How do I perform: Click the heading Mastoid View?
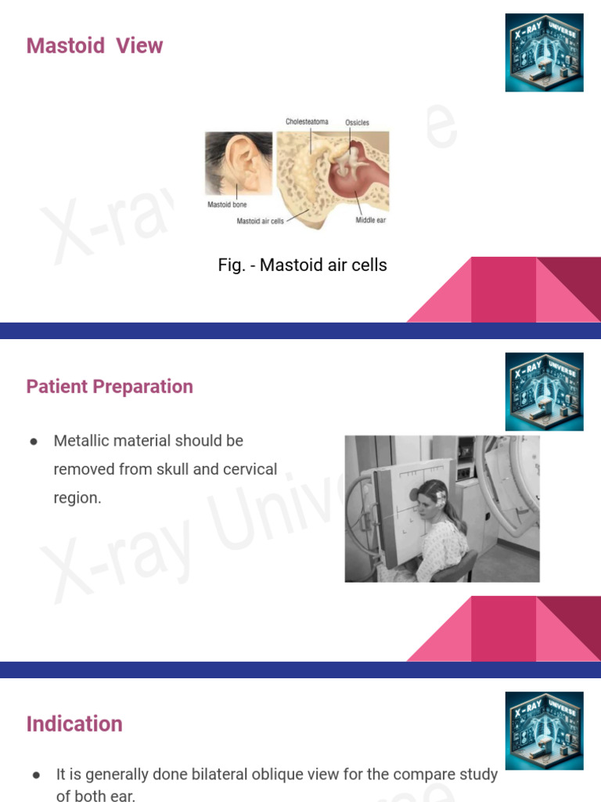[x=95, y=45]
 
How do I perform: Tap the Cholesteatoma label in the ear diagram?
[x=307, y=122]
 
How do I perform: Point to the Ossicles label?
[x=357, y=123]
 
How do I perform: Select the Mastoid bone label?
[x=227, y=205]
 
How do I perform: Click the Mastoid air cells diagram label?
[x=261, y=222]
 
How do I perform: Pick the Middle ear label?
[x=371, y=221]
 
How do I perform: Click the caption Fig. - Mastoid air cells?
[x=302, y=265]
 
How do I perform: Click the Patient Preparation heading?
[x=110, y=386]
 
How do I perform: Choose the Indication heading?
[x=74, y=724]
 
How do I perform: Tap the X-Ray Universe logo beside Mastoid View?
[x=544, y=52]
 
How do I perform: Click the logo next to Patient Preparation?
[x=544, y=392]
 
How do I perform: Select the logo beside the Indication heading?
[x=544, y=730]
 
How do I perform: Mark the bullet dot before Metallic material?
[x=34, y=442]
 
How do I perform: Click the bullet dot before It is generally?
[x=37, y=775]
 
